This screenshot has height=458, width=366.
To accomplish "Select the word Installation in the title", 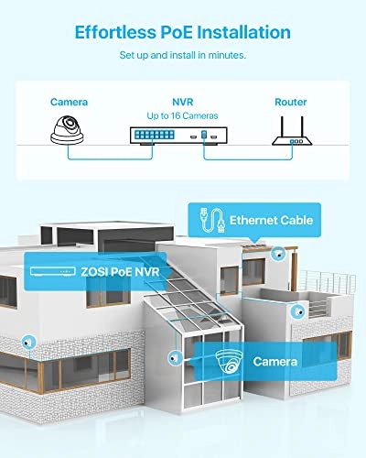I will (248, 33).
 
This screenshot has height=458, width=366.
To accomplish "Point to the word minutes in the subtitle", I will (225, 56).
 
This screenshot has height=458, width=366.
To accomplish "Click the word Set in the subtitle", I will (129, 56).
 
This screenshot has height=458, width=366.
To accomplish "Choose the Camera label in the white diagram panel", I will (69, 103).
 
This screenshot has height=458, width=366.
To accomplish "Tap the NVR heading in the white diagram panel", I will (183, 103).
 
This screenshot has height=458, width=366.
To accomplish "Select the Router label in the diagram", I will (291, 103).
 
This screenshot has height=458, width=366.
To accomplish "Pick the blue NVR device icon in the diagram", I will (183, 135).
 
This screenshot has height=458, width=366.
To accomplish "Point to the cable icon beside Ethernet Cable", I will (209, 220).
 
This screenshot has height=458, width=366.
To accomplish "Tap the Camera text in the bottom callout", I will (274, 362).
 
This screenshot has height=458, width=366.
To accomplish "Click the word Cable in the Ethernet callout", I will (296, 220).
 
